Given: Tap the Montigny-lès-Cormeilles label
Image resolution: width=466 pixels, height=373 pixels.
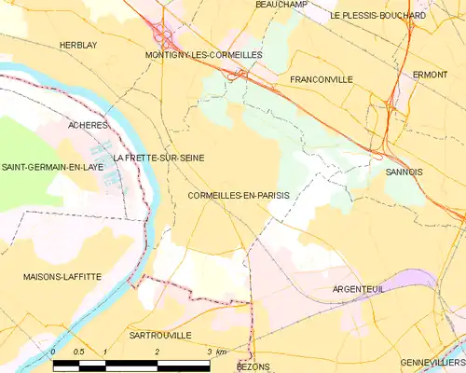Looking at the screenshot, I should (x=203, y=55).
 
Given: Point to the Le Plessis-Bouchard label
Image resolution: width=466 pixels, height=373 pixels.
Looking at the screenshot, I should (x=378, y=16).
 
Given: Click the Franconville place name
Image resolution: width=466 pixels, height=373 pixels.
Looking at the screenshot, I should (x=322, y=80).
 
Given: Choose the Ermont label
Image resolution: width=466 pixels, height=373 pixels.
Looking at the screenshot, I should (x=430, y=75).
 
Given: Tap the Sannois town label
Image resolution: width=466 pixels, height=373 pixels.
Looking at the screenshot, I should (x=404, y=172).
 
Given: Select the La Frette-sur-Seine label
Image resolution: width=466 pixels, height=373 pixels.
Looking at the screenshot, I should (x=158, y=158).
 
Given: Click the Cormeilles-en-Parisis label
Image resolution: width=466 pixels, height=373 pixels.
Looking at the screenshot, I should (x=239, y=196).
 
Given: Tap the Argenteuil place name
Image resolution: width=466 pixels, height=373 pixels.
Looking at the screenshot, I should (x=360, y=290).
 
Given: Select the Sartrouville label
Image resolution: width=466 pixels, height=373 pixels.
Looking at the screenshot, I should (x=160, y=335).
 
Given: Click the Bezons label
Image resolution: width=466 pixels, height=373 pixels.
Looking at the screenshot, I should (x=254, y=367).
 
